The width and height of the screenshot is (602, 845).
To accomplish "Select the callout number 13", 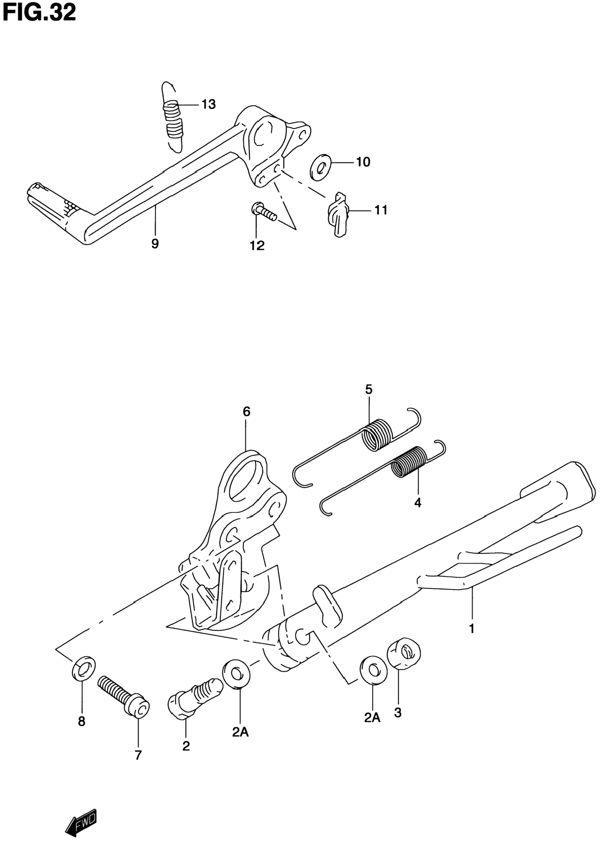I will coord(209,104).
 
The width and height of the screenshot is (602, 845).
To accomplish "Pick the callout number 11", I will coord(381,210).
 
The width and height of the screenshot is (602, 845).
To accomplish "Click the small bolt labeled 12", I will coord(263,212).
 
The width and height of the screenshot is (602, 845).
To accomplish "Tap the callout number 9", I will coord(155,244).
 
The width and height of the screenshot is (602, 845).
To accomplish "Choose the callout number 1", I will coord(472,629).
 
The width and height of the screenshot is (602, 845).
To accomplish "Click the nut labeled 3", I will coord(404,653).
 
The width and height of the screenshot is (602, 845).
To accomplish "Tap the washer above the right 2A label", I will coord(372,671).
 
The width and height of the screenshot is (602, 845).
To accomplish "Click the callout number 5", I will coord(368,389).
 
